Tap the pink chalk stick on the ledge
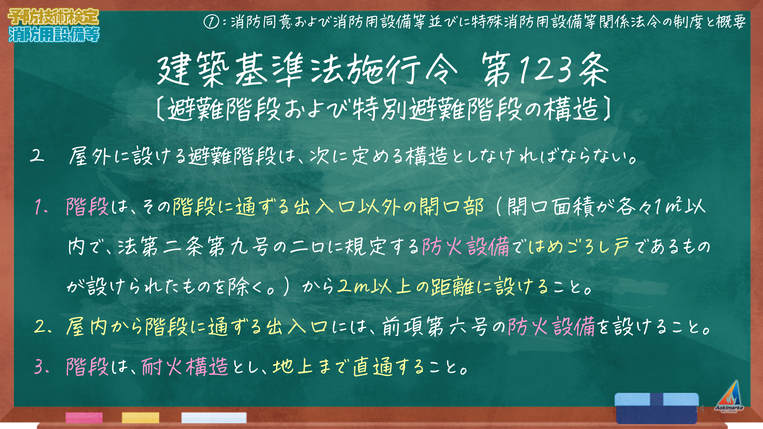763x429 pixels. point(84,417)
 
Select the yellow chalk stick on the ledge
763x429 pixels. point(140,417)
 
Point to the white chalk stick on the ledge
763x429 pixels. point(214,417)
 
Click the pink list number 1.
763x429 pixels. point(41,207)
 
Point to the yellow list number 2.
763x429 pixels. point(43,327)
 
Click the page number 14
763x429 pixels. point(699,409)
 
